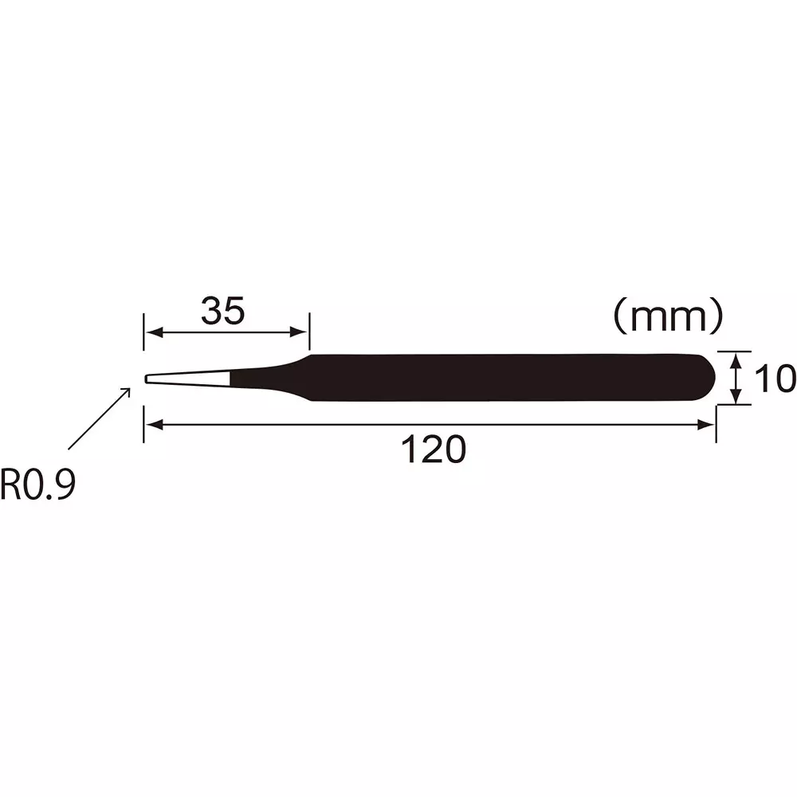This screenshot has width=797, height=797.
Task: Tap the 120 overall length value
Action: pos(432,450)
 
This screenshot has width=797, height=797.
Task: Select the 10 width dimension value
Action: pos(774,379)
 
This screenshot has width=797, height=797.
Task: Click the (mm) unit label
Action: pos(668,317)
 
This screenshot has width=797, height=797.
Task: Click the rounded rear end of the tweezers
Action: pos(705,378)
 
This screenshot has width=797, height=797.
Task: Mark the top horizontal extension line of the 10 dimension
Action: pos(733,351)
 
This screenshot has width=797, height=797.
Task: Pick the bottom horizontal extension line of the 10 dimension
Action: pos(733,405)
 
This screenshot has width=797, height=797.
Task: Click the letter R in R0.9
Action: pos(11,485)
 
